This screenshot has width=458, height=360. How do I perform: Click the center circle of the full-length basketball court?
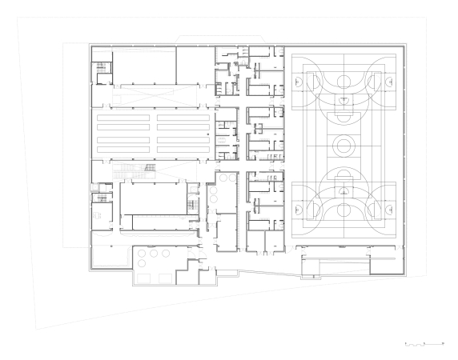343,144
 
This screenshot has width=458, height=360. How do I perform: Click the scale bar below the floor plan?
424,343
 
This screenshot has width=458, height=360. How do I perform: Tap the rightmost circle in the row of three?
165,253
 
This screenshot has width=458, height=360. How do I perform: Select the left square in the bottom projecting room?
144,277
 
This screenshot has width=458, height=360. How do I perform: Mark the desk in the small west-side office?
97,214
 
